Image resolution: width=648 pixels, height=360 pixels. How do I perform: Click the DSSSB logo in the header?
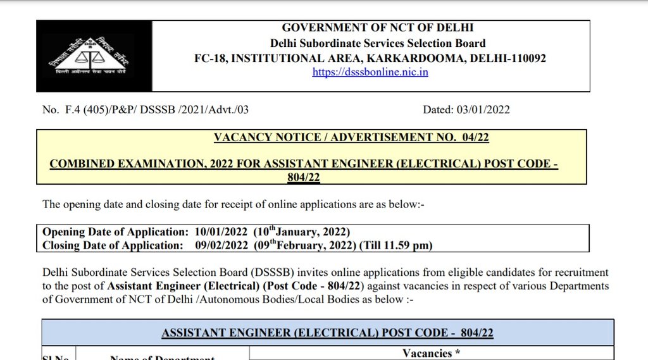94,56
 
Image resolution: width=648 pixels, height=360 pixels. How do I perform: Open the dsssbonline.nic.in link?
370,72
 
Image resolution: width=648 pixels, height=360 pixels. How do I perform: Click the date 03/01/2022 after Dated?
483,109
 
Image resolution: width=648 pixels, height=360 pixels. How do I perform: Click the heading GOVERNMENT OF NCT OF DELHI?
378,28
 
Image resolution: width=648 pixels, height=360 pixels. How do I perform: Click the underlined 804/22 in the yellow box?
304,178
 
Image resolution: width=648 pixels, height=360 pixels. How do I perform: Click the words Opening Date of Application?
115,232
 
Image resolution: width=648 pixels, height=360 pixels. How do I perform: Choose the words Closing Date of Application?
112,245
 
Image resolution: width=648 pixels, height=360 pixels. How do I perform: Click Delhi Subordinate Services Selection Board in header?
378,43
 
